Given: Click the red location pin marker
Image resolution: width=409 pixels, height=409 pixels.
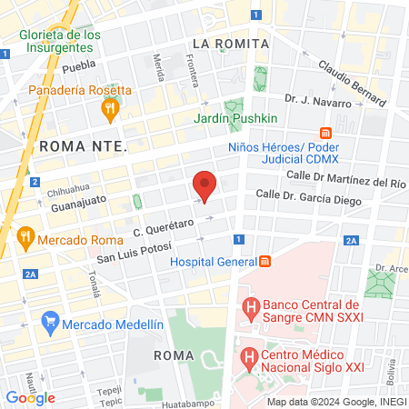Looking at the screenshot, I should pos(205,186).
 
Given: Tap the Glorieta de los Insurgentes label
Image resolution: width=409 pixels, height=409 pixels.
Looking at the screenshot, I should pos(60,42).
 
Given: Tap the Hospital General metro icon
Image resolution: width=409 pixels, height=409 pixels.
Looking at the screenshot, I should pos(264,263).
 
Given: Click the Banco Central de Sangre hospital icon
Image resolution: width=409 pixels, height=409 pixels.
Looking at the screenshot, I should pos(248,312).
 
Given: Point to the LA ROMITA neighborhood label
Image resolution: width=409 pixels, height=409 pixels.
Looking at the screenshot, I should pos(231,44).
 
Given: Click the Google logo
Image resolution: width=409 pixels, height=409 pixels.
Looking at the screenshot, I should pos(30,397).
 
